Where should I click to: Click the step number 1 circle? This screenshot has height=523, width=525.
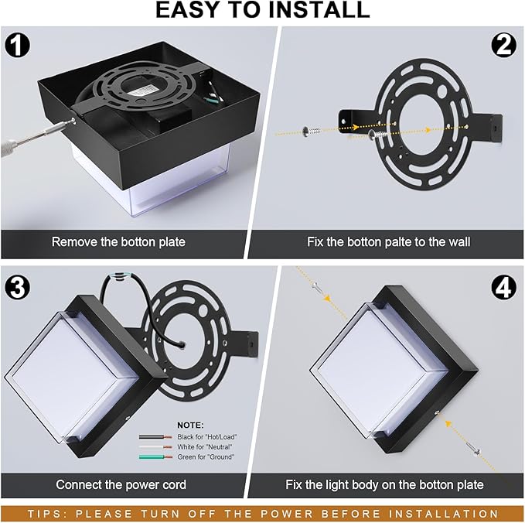coord(17,46)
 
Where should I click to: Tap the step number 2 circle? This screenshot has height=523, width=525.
coord(506,46)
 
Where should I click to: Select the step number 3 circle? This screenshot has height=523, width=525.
coord(17,287)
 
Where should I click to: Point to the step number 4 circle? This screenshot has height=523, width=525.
coord(506,287)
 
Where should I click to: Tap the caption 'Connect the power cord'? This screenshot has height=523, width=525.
coord(121,485)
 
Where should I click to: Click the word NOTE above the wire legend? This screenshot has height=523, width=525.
coord(190,425)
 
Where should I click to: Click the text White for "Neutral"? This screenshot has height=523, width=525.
coord(206,447)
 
